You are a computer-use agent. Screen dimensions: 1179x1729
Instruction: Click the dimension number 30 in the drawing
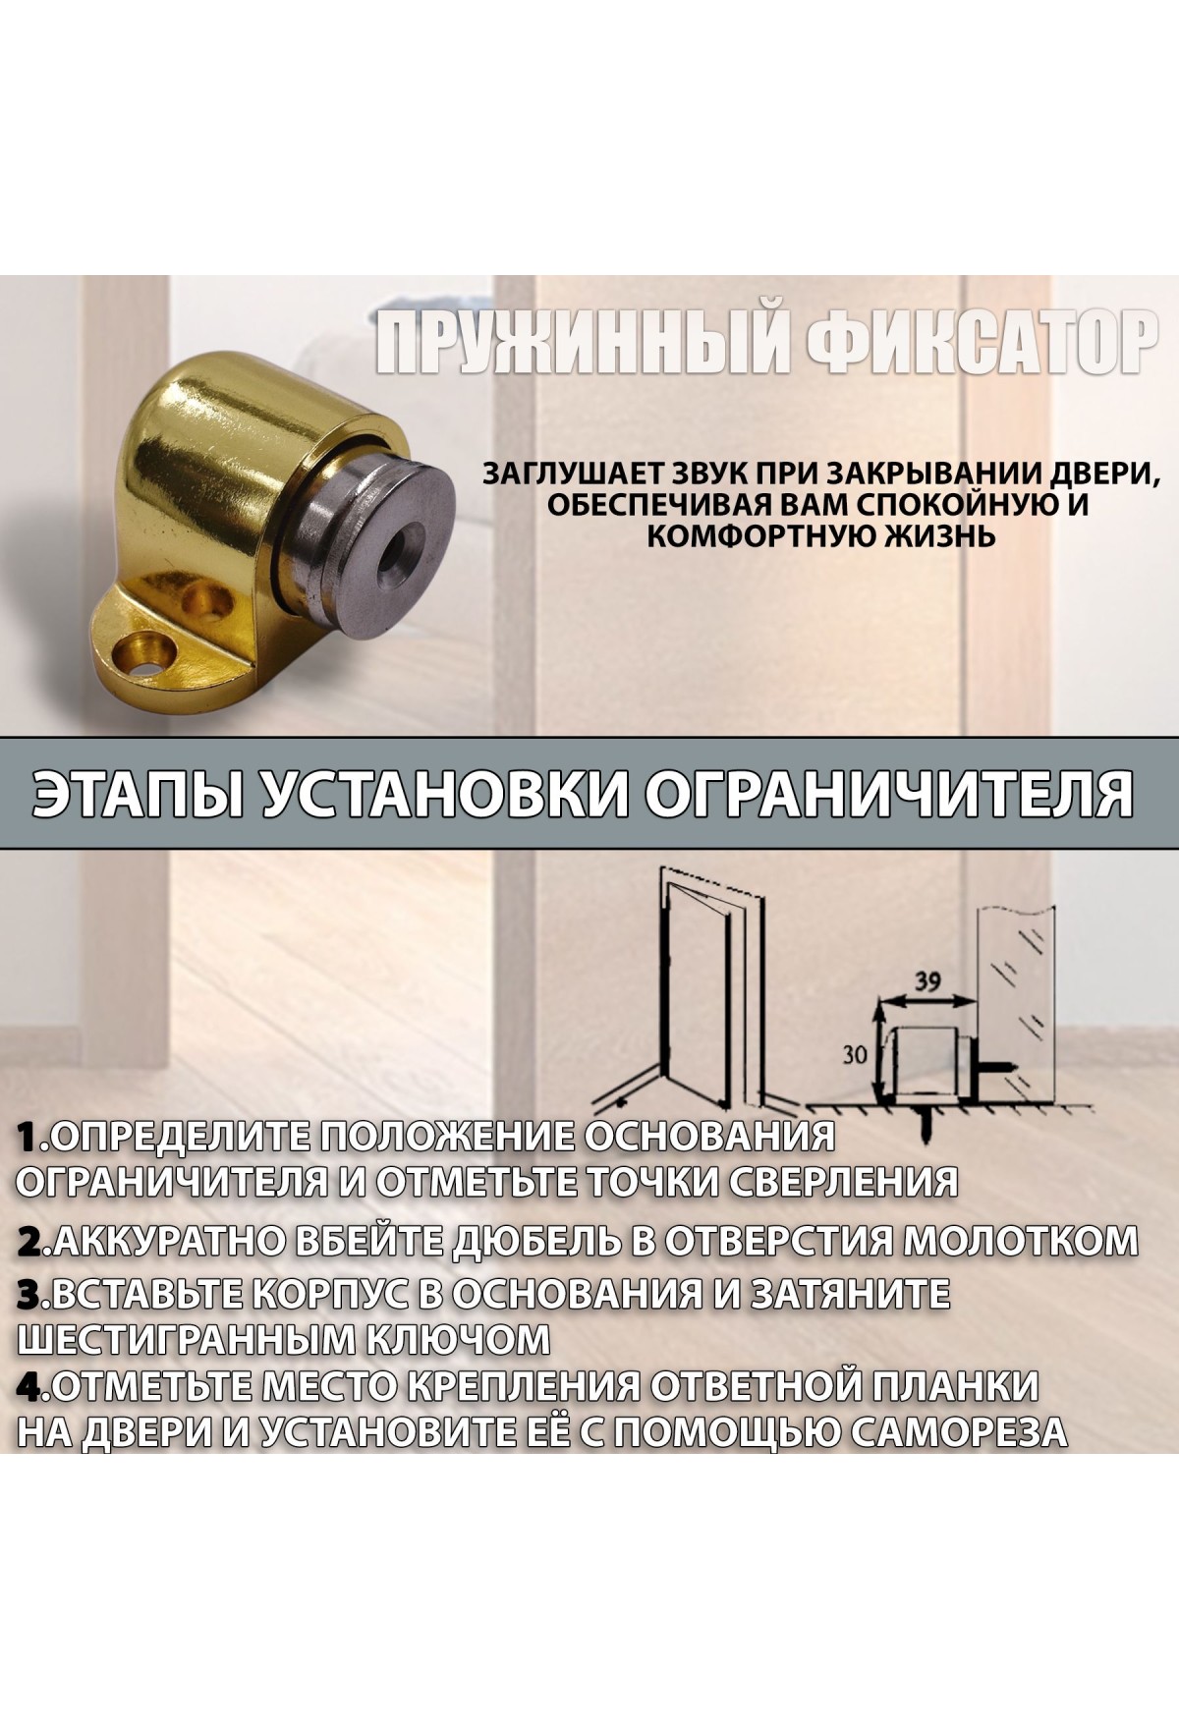856,1056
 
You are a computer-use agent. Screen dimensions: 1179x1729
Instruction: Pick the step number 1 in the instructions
28,1139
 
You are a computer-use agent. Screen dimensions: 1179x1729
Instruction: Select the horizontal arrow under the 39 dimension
924,1000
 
